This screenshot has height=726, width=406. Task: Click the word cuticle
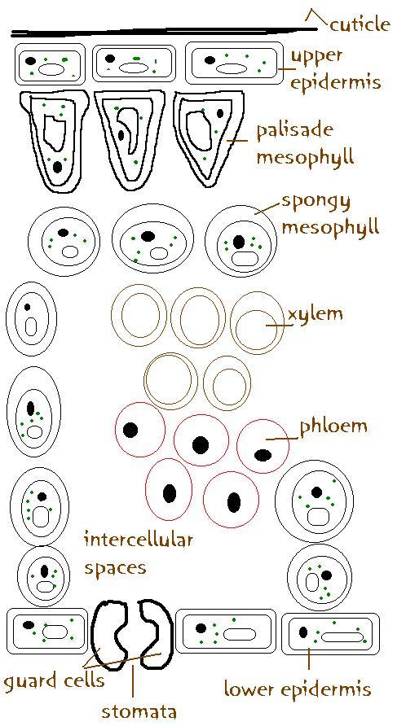(x=360, y=24)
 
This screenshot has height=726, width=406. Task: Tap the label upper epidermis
(x=336, y=69)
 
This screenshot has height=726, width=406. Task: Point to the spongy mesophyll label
(x=330, y=215)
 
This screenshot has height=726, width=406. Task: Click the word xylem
(x=316, y=314)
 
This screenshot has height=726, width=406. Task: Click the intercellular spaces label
(x=138, y=553)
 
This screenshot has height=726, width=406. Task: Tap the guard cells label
(x=54, y=680)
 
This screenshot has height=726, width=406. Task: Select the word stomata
(x=139, y=711)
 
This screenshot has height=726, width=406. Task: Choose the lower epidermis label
(x=298, y=689)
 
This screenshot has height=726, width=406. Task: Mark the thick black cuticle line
(x=165, y=32)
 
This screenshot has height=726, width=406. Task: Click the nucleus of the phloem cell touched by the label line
(x=263, y=454)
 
